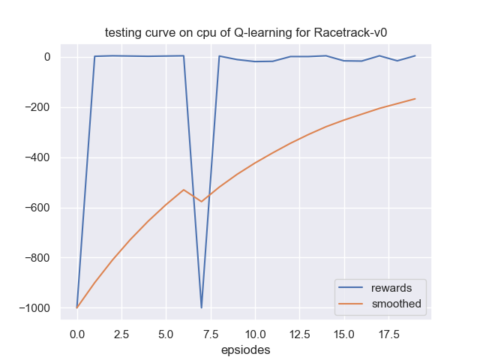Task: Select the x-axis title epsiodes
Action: click(x=246, y=349)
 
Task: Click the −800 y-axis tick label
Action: click(x=38, y=258)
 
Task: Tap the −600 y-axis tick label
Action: click(x=38, y=208)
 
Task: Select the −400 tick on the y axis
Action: click(x=38, y=157)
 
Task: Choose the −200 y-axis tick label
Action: click(x=38, y=107)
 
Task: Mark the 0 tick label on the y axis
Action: click(x=46, y=57)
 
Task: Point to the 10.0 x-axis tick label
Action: click(x=254, y=333)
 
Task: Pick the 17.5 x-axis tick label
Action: click(x=388, y=333)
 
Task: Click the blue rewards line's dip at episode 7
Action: click(x=201, y=307)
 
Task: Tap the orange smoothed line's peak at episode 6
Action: click(x=184, y=190)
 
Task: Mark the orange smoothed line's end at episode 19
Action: click(x=415, y=99)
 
